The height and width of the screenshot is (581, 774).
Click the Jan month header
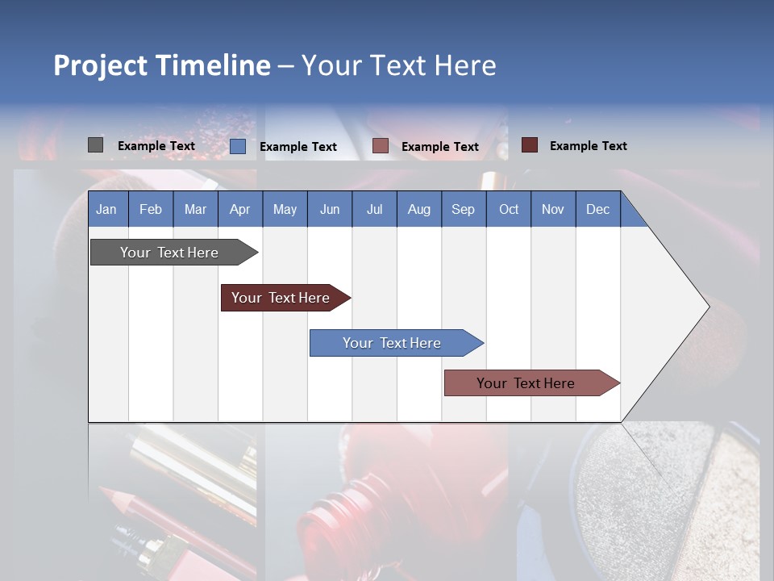[106, 209]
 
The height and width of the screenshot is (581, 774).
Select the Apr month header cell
[239, 209]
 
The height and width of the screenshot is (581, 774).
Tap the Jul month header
[374, 209]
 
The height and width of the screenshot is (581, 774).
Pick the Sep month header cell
[463, 209]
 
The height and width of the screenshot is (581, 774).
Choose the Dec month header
[597, 209]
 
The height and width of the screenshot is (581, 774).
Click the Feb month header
[151, 209]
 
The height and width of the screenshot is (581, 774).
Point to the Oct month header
[509, 209]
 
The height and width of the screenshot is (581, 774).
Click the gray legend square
[95, 145]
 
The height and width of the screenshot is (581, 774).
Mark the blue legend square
[237, 146]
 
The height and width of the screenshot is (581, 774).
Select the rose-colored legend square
[381, 146]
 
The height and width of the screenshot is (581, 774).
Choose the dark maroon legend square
[529, 145]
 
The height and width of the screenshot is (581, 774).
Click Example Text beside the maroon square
[588, 146]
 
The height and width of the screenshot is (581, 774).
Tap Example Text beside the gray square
[156, 146]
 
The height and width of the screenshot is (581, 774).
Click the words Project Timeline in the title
[162, 65]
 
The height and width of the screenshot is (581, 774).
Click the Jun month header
[330, 209]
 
